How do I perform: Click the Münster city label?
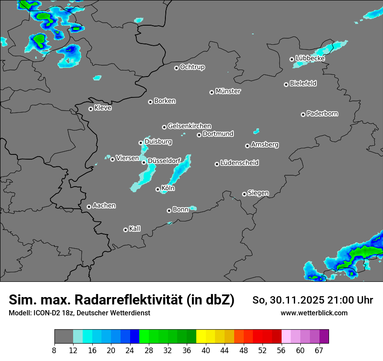pyautogui.click(x=228, y=91)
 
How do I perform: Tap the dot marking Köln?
pyautogui.click(x=158, y=189)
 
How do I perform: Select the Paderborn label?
pyautogui.click(x=323, y=114)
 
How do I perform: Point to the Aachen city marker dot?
pyautogui.click(x=89, y=207)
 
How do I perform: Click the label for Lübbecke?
pyautogui.click(x=310, y=58)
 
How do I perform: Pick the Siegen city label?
pyautogui.click(x=258, y=193)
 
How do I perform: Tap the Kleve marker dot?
pyautogui.click(x=91, y=109)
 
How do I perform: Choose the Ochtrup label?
pyautogui.click(x=192, y=67)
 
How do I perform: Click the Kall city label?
pyautogui.click(x=135, y=229)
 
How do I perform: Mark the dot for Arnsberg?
pyautogui.click(x=247, y=146)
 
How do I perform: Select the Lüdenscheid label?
pyautogui.click(x=239, y=163)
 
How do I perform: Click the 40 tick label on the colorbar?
pyautogui.click(x=206, y=350)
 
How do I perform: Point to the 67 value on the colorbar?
pyautogui.click(x=319, y=350)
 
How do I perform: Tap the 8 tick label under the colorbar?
pyautogui.click(x=54, y=350)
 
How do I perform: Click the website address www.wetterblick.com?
pyautogui.click(x=314, y=313)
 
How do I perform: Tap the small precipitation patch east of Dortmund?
pyautogui.click(x=257, y=130)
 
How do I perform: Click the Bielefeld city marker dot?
pyautogui.click(x=286, y=84)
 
